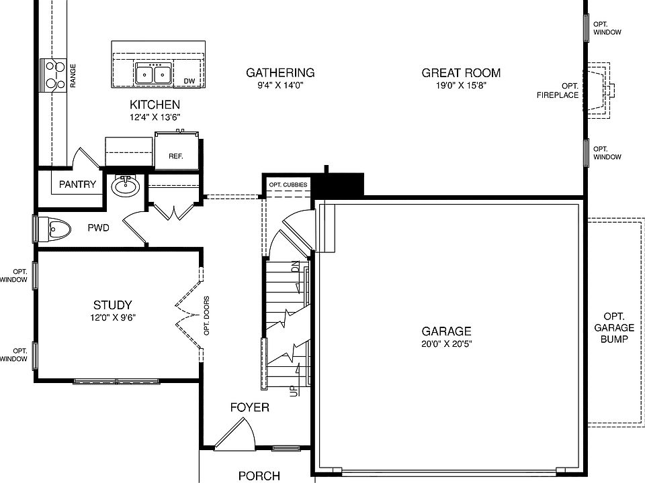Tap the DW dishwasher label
coord(189,81)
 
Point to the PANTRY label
coord(77,184)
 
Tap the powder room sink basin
coord(124,186)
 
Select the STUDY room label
coord(112,305)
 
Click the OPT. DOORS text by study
coord(207,315)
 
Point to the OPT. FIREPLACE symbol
coord(597,91)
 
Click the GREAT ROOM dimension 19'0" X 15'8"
coord(461,86)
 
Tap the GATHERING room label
coord(280,72)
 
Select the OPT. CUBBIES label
coord(288,184)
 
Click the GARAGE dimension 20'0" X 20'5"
coord(446,344)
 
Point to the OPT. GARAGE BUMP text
coord(614,328)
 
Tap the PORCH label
coord(259,476)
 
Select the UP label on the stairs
coord(294,390)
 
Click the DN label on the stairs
coord(295,266)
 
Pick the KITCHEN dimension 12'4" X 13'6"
coord(155,117)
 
